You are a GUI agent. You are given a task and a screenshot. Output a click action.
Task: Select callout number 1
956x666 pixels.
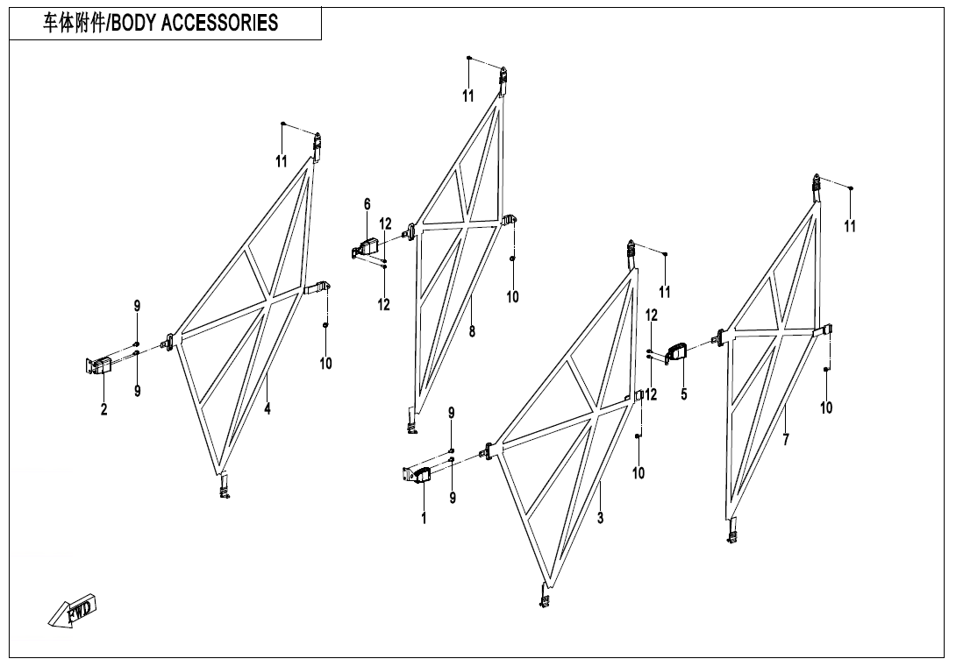pyautogui.click(x=424, y=519)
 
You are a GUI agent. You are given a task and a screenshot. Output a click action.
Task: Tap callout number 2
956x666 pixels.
pyautogui.click(x=103, y=409)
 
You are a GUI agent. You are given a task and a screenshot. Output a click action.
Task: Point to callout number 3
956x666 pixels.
pyautogui.click(x=600, y=518)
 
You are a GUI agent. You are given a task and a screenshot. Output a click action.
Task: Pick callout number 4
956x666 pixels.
pyautogui.click(x=268, y=408)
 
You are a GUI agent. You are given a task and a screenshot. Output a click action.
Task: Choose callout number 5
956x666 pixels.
pyautogui.click(x=683, y=394)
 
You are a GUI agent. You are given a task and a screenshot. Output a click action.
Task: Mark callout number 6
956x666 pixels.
pyautogui.click(x=367, y=205)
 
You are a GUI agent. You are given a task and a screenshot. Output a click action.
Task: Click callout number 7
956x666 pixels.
pyautogui.click(x=786, y=440)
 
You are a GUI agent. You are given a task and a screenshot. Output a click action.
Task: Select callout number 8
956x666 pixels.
pyautogui.click(x=472, y=331)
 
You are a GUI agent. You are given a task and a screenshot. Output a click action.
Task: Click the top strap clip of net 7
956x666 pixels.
pyautogui.click(x=817, y=183)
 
